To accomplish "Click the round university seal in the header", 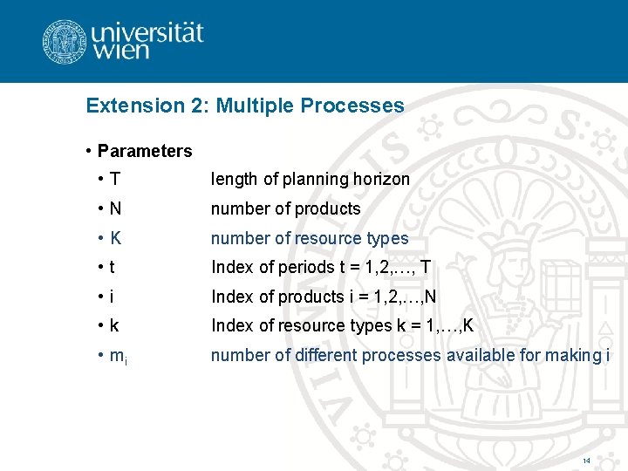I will (64, 41).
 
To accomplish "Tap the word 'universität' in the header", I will (147, 31).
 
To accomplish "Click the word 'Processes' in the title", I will (352, 106).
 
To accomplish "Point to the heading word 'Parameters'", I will (145, 151).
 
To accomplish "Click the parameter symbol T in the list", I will (116, 180).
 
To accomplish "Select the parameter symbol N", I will (116, 208).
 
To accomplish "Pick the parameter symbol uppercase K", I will (116, 238).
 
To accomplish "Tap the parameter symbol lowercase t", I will (113, 267).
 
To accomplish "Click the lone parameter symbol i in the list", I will (113, 297).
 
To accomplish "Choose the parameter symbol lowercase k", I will (114, 325).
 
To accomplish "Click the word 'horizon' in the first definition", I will (381, 180).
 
